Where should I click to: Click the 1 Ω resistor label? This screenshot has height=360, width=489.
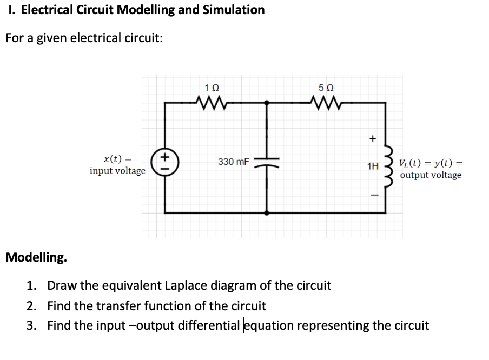coord(212,87)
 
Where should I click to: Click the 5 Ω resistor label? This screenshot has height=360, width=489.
coord(326,87)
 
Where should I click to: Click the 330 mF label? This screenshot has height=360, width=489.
coord(233,161)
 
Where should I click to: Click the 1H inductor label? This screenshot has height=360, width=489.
coord(372,166)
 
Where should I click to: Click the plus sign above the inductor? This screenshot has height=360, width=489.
coord(372,139)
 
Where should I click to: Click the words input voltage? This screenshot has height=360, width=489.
coord(117,171)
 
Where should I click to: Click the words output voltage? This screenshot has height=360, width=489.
coord(431,175)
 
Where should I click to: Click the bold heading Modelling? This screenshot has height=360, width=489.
coord(37,257)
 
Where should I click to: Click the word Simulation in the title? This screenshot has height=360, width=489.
coord(233,10)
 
